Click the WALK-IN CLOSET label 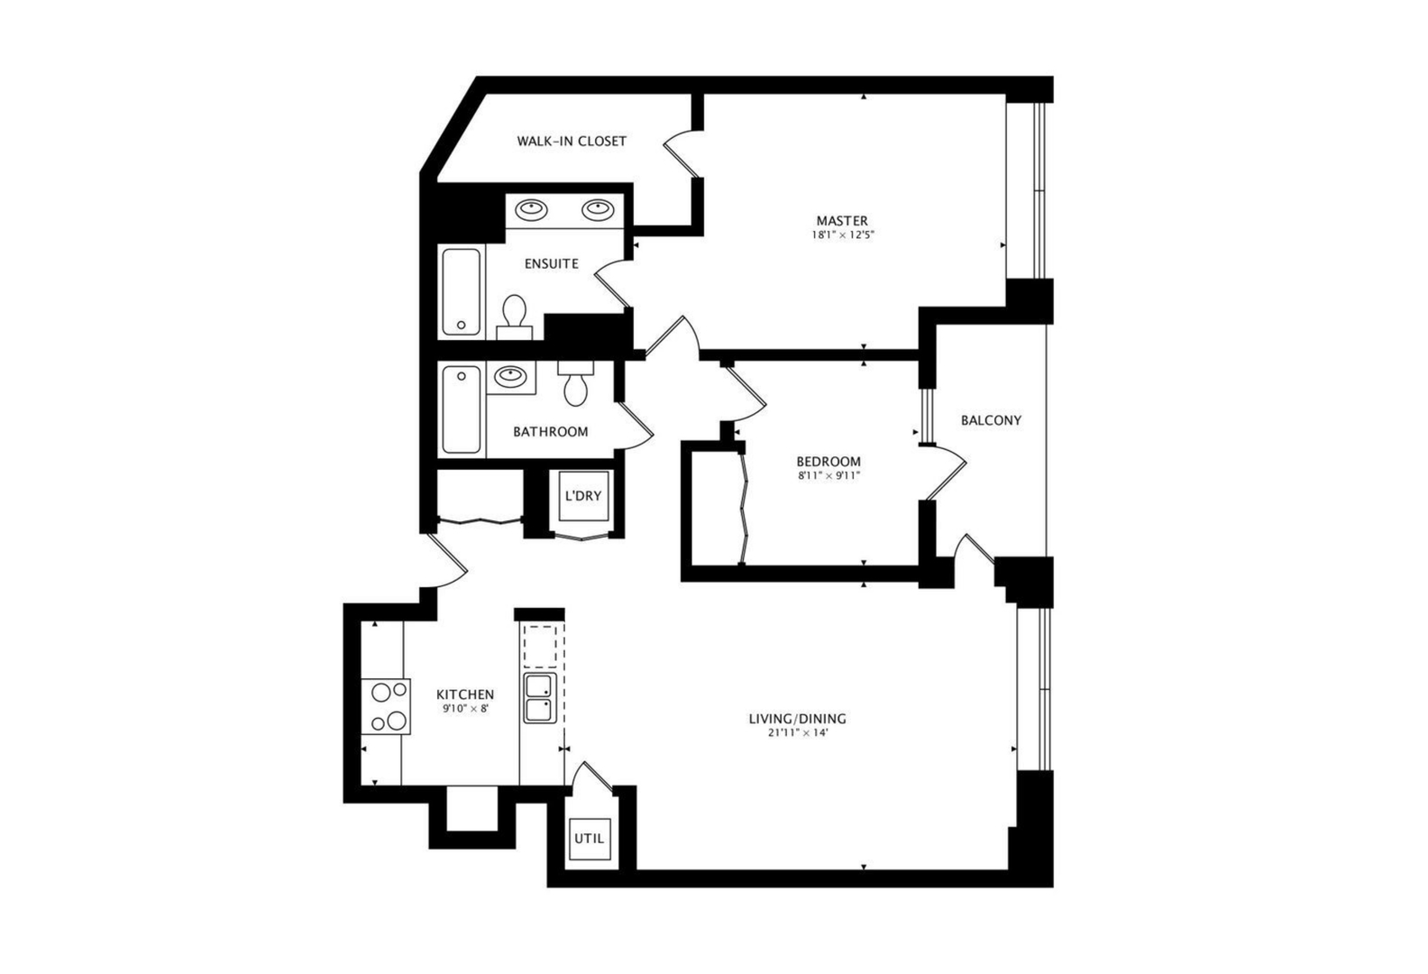click(x=571, y=141)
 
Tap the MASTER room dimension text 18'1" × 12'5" click(x=843, y=235)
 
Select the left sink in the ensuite click(x=531, y=209)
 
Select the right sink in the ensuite click(x=597, y=209)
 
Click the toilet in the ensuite click(x=515, y=315)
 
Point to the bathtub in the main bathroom click(x=461, y=409)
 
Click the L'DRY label click(x=582, y=496)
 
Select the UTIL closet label click(x=590, y=839)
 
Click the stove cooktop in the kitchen click(x=387, y=706)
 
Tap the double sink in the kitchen click(x=540, y=697)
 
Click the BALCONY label click(x=991, y=420)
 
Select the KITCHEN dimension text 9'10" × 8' click(x=465, y=709)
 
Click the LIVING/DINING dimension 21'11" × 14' click(x=797, y=733)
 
